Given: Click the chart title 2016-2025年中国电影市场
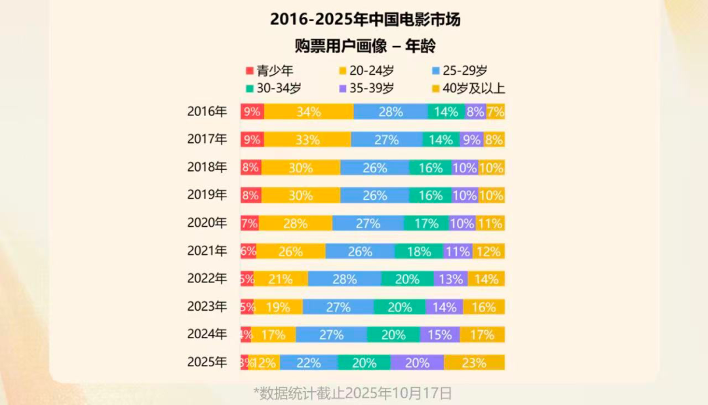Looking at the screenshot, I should click(365, 20).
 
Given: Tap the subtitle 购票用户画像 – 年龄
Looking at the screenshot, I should click(365, 47).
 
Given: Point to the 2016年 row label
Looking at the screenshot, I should click(206, 111).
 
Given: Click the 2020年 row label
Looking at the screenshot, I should click(206, 223).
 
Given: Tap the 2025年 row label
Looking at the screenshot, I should click(206, 362).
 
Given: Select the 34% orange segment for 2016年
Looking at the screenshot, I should click(308, 112).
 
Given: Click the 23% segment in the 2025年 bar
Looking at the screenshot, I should click(474, 362).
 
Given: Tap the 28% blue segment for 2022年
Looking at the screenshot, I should click(344, 279).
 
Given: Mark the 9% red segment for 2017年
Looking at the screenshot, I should click(252, 140).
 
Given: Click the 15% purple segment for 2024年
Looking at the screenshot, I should click(439, 335).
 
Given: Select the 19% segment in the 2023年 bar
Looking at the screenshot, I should click(278, 307).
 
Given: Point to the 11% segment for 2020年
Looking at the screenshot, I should click(490, 223).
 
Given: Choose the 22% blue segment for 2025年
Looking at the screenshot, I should click(308, 362).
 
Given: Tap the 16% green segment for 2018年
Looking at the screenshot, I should click(430, 168).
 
